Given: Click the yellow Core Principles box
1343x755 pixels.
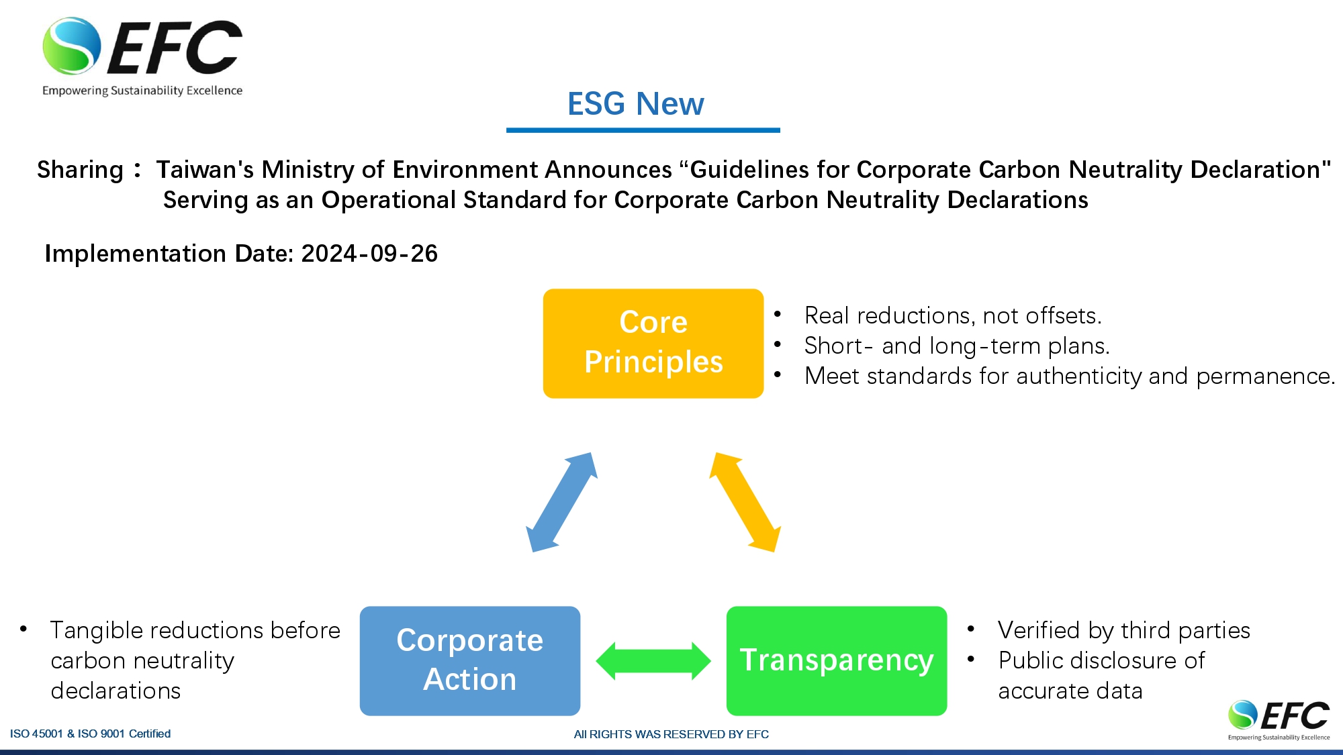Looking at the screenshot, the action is (653, 343).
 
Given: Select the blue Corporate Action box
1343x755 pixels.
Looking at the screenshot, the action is (470, 660).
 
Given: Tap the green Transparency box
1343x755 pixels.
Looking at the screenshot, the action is (837, 660).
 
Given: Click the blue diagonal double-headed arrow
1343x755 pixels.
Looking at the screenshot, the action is (561, 502).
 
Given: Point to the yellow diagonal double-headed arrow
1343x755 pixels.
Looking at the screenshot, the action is (745, 502).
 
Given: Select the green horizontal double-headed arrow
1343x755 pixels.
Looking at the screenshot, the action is (653, 661).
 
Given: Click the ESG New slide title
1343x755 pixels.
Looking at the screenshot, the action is (636, 104).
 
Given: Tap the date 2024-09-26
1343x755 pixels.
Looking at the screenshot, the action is (369, 254).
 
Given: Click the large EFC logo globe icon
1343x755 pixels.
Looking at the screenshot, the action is (72, 46).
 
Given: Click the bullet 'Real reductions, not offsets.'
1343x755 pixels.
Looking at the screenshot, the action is (953, 315).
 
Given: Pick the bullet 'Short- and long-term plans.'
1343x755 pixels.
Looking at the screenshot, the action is (957, 346).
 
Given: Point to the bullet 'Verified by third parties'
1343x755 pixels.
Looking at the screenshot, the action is (1124, 630).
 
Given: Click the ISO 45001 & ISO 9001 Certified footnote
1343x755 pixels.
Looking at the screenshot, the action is (90, 734).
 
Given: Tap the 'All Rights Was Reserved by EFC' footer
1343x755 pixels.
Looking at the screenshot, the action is (671, 734).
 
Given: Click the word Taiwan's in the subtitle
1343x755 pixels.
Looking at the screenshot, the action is (205, 170).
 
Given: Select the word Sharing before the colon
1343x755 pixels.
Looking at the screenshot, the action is (80, 170).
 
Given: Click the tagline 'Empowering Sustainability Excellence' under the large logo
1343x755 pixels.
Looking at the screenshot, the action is (142, 91).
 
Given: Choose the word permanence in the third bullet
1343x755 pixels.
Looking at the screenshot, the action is (1265, 376).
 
